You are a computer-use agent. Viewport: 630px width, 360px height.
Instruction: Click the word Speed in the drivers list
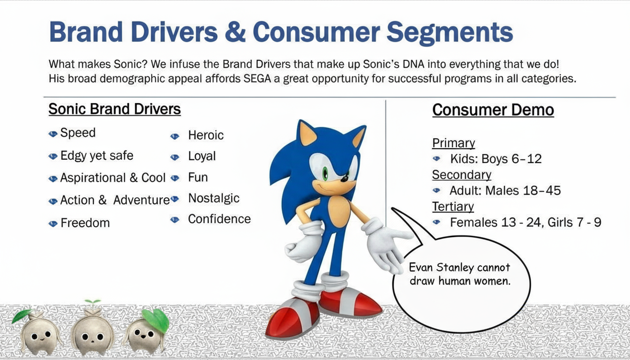click(78, 133)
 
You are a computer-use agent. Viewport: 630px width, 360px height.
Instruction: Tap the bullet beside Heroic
click(175, 136)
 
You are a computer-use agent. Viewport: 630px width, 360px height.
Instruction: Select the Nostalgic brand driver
click(214, 199)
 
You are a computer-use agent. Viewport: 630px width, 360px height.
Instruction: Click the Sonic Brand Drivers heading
click(114, 109)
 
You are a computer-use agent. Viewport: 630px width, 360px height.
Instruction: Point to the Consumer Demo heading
click(493, 110)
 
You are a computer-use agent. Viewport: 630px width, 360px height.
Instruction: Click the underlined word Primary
click(453, 143)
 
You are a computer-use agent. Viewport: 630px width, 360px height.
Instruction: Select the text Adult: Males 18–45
click(505, 191)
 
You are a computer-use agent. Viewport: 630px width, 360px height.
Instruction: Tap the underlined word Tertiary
click(453, 207)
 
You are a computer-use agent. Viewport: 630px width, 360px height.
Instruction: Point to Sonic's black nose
click(344, 178)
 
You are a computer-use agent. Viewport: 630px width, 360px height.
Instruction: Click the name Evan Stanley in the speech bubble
click(435, 267)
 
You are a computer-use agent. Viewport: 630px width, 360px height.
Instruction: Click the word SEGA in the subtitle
click(257, 78)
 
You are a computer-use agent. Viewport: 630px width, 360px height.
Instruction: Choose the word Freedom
click(85, 223)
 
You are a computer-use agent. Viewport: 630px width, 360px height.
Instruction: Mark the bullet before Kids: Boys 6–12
click(436, 158)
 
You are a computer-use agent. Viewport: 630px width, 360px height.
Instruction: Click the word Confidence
click(219, 219)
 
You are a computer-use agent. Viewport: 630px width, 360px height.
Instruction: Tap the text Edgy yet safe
click(97, 156)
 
